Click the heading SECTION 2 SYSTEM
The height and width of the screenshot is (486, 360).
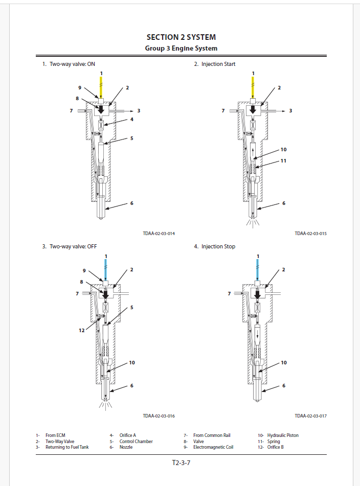[181, 37]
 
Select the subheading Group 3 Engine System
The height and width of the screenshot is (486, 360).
[181, 49]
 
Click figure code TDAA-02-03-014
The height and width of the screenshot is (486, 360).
[159, 234]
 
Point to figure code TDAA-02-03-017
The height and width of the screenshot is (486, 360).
[310, 416]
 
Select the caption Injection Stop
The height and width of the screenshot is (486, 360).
[218, 246]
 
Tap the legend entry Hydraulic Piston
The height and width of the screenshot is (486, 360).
[283, 435]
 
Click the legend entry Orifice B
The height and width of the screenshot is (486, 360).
[275, 447]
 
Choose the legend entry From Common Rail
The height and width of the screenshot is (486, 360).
[212, 435]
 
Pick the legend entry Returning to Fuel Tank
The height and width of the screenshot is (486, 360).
[67, 447]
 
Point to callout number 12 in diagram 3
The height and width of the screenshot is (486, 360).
[81, 331]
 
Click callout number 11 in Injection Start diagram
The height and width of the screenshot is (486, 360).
[283, 160]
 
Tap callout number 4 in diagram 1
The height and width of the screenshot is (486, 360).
[131, 120]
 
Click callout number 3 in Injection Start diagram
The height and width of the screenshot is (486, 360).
[290, 110]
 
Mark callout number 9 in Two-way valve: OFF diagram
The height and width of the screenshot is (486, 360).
[84, 270]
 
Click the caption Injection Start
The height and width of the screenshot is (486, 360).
[218, 64]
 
